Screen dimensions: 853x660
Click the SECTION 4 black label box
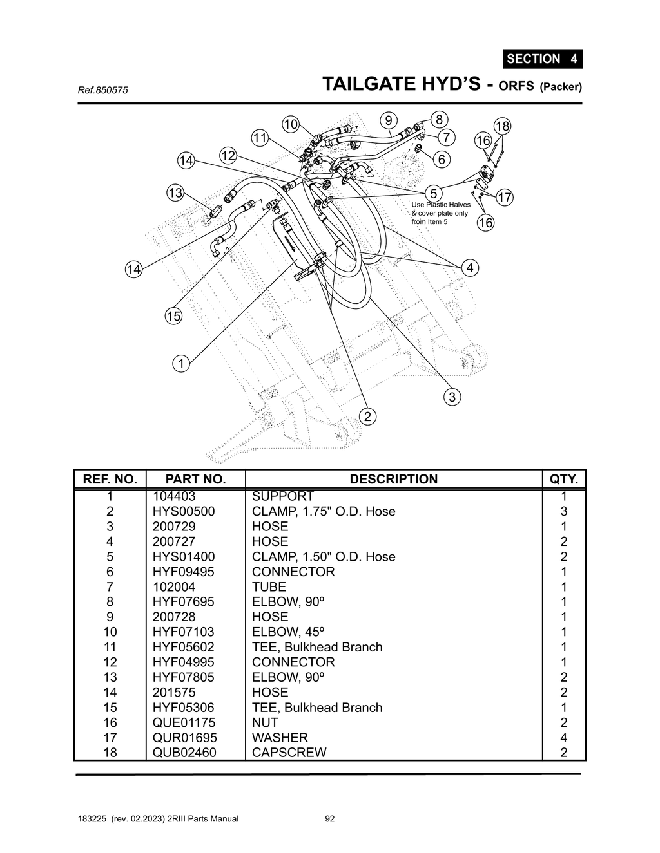[542, 59]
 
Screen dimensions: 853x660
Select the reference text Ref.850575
[102, 90]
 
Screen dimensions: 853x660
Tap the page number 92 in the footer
[330, 819]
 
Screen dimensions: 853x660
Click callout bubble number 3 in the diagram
[452, 397]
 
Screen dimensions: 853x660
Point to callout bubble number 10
[291, 124]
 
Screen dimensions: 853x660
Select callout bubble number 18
[502, 126]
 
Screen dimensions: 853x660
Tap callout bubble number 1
[181, 364]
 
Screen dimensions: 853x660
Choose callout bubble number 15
[173, 316]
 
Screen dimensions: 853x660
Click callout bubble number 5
[433, 193]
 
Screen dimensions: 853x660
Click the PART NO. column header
[195, 479]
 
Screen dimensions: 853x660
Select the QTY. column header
[563, 479]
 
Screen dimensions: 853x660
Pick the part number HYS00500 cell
[184, 511]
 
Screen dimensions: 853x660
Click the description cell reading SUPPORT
[282, 496]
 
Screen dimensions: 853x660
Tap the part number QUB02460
[184, 753]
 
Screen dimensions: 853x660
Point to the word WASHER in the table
[280, 738]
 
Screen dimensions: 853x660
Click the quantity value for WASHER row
[563, 738]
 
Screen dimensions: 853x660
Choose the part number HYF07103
[183, 632]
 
